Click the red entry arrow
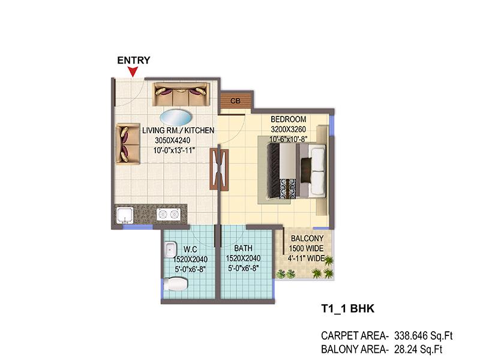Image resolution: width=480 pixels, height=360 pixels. coord(133,72)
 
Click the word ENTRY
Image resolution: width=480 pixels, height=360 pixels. coord(134,61)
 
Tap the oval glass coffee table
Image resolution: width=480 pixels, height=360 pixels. coord(176,118)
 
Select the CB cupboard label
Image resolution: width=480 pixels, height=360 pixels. coord(235,101)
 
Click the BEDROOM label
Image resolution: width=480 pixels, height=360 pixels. coord(289,119)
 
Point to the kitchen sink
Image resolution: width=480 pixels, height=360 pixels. coord(125,215)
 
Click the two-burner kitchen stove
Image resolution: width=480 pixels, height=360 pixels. coord(168,214)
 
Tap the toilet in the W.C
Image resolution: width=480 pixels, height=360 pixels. coord(175,284)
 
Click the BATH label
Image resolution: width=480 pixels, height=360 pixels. coord(244,248)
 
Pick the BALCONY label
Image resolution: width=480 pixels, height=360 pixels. coord(307,238)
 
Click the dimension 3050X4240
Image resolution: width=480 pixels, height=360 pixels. coord(172,140)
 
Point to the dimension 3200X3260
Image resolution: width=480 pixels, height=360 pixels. coord(289,129)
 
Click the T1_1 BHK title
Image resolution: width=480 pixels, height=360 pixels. coord(347,308)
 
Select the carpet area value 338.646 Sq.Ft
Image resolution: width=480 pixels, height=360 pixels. coord(424,336)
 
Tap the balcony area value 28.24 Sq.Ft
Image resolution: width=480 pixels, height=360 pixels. coord(418,349)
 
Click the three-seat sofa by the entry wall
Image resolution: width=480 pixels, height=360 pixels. coord(181,94)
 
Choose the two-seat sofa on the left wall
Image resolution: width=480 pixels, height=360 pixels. coord(128,144)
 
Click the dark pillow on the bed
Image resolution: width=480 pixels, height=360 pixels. coord(306,170)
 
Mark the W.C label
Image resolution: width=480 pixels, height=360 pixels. coord(190,249)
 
